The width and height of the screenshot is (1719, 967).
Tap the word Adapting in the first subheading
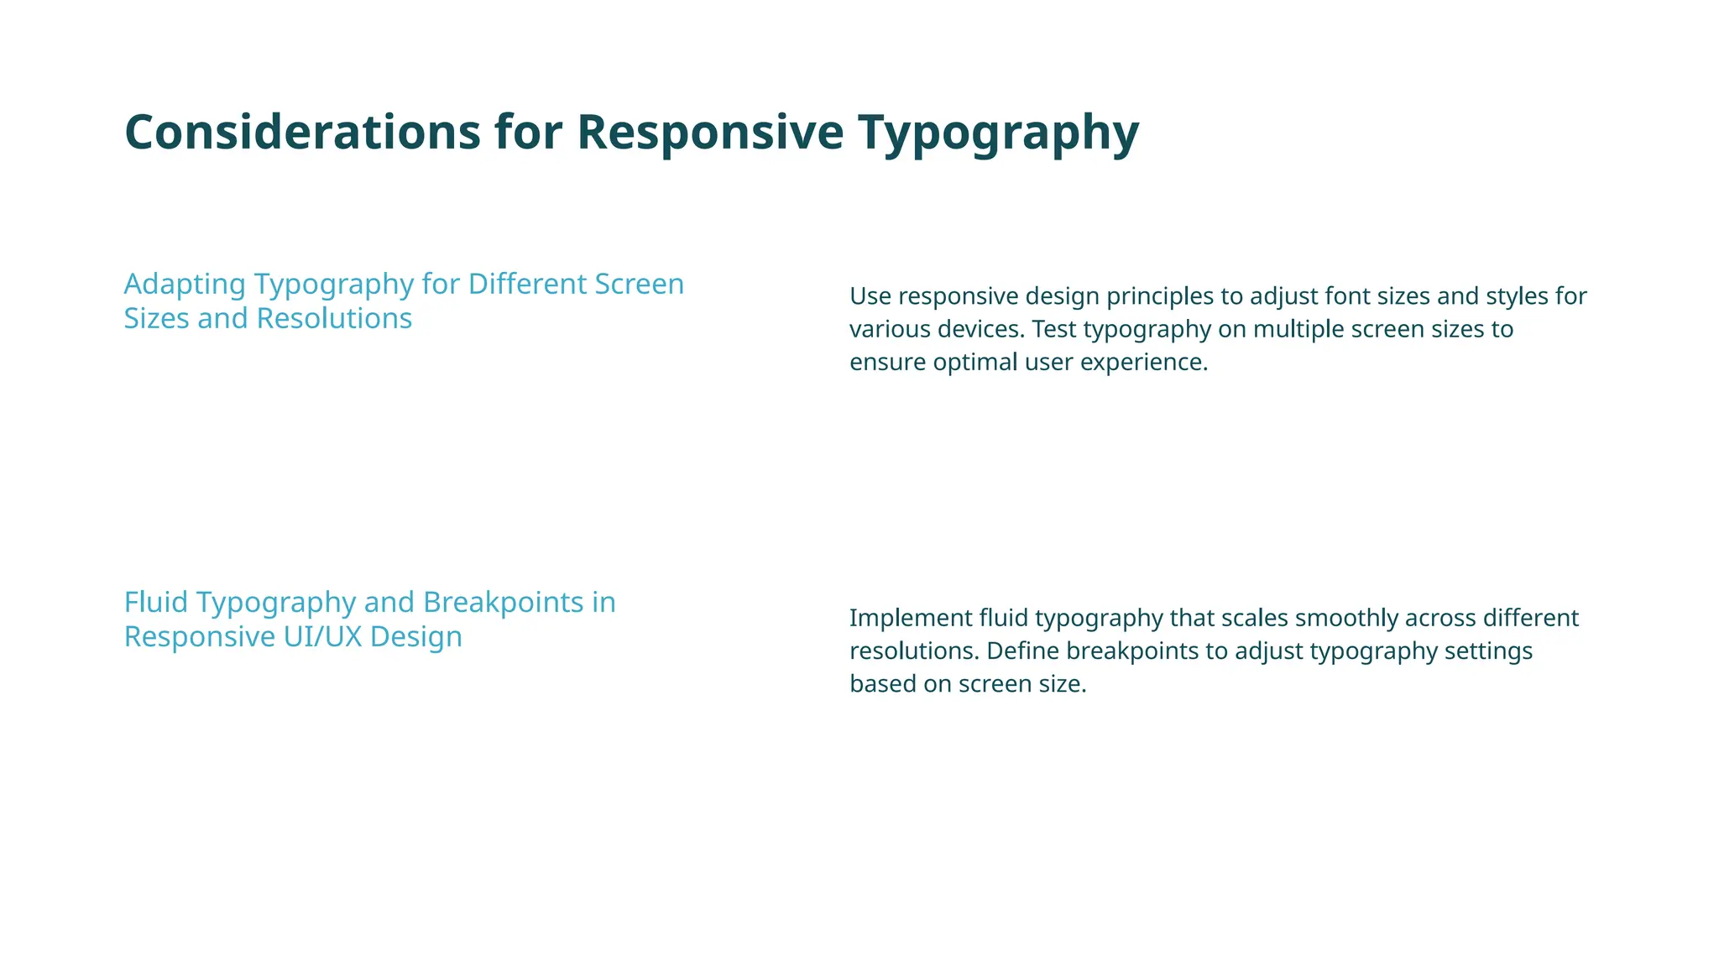coord(185,285)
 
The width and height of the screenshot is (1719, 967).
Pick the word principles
coord(1145,297)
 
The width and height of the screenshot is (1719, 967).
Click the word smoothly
coord(1333,619)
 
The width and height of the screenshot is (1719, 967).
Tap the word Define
coord(1023,651)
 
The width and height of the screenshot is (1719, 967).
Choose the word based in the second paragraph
coord(880,684)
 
